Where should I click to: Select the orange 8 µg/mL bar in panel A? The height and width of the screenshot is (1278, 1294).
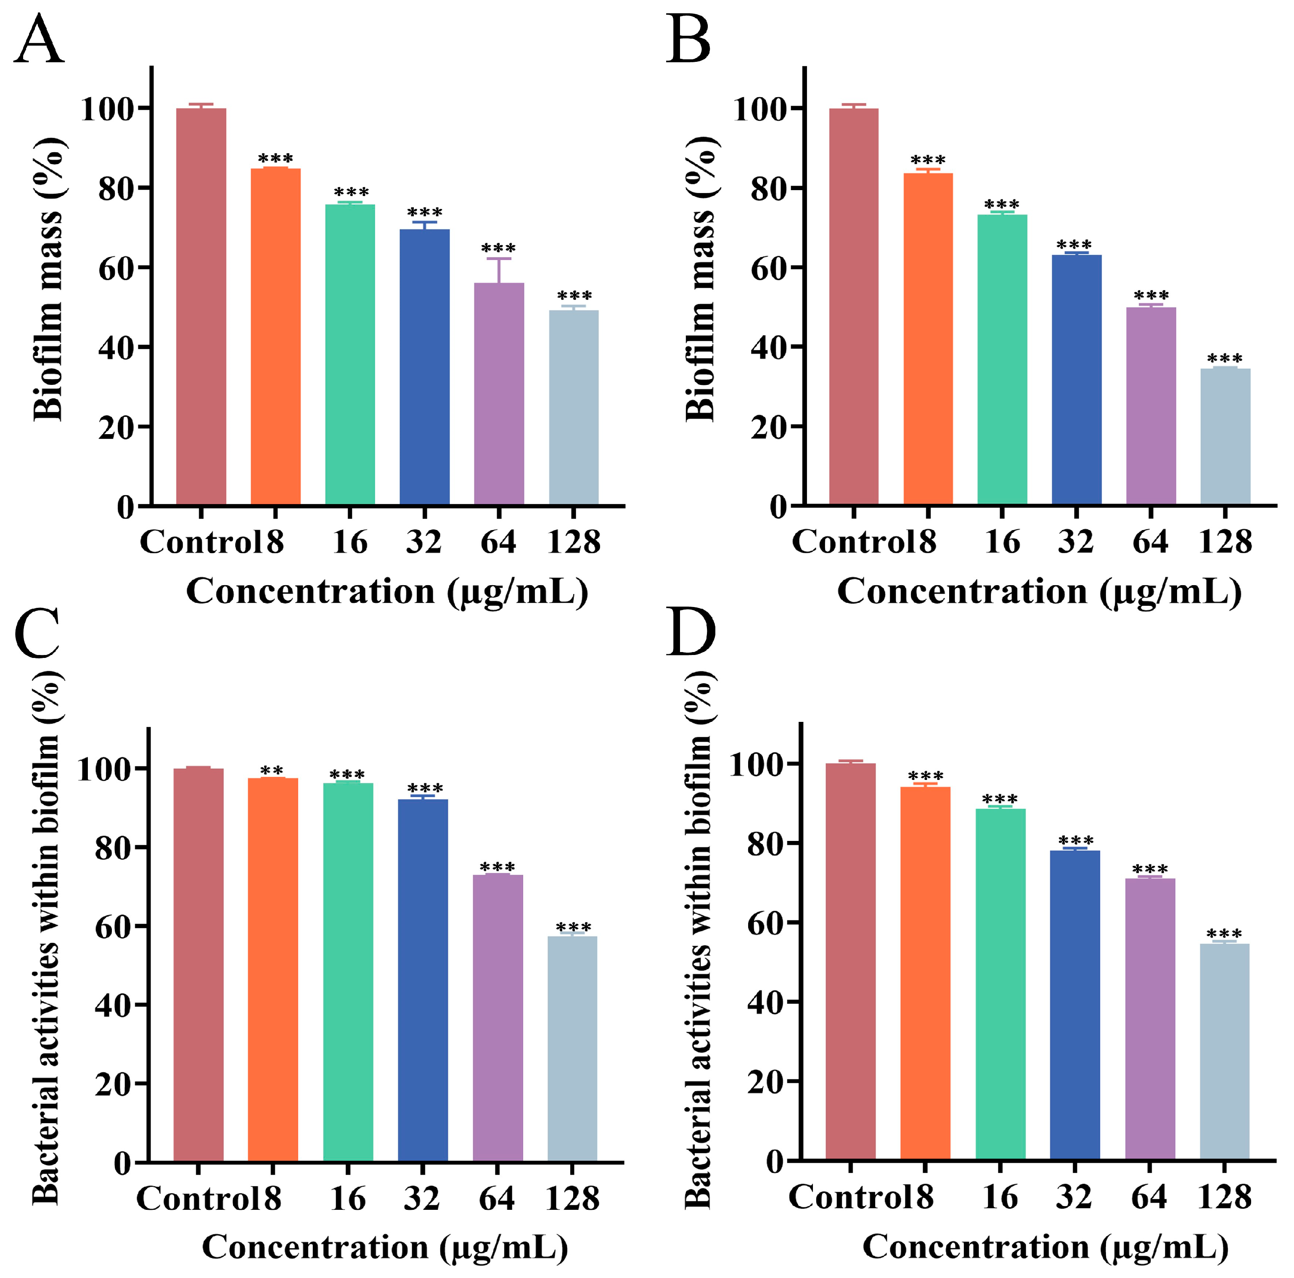click(x=275, y=335)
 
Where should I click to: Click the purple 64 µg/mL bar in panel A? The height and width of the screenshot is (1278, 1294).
click(x=499, y=395)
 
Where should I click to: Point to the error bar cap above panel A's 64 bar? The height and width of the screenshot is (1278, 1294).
click(x=499, y=259)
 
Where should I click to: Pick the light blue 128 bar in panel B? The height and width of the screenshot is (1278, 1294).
click(x=1225, y=435)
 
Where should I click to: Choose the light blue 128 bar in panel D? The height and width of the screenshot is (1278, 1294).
click(x=1224, y=1052)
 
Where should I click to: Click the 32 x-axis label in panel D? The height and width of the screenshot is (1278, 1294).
click(x=1074, y=1197)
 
